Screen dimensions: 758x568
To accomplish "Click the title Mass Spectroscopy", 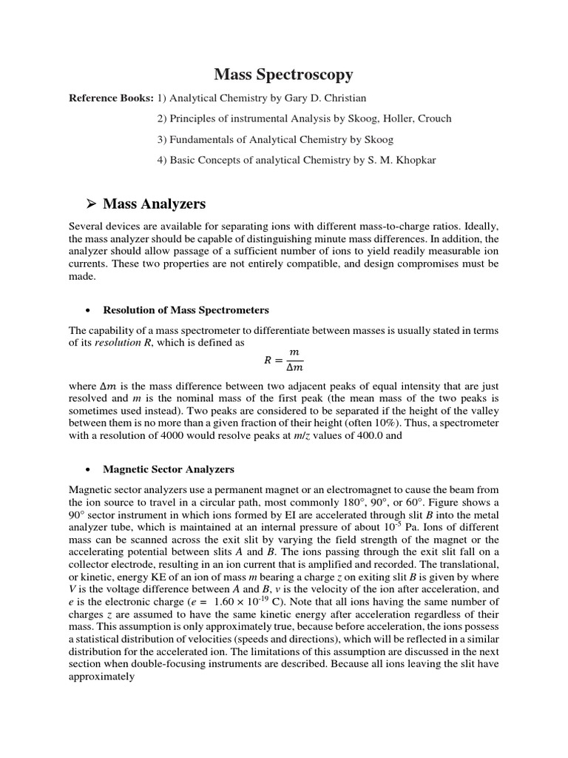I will (x=284, y=74).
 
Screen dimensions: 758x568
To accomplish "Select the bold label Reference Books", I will (x=111, y=98).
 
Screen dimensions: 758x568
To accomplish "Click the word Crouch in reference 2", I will (x=433, y=119).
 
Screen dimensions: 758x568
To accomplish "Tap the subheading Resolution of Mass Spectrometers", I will (x=186, y=309).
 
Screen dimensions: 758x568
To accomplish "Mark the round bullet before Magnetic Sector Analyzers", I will (x=88, y=469).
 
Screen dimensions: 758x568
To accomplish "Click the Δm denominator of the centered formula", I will (x=294, y=366).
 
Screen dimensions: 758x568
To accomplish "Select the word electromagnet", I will (x=376, y=490).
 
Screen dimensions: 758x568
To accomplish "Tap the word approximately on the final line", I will (x=101, y=676).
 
